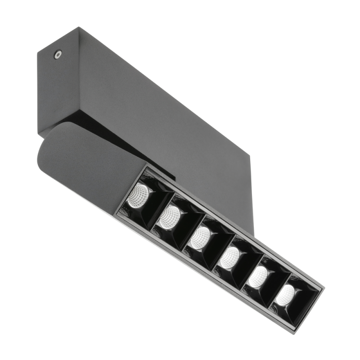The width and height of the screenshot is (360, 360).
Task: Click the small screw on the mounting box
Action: [x=57, y=54]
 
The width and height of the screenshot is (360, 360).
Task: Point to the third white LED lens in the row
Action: [x=198, y=237]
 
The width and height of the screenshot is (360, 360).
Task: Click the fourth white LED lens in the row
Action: [x=230, y=257]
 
